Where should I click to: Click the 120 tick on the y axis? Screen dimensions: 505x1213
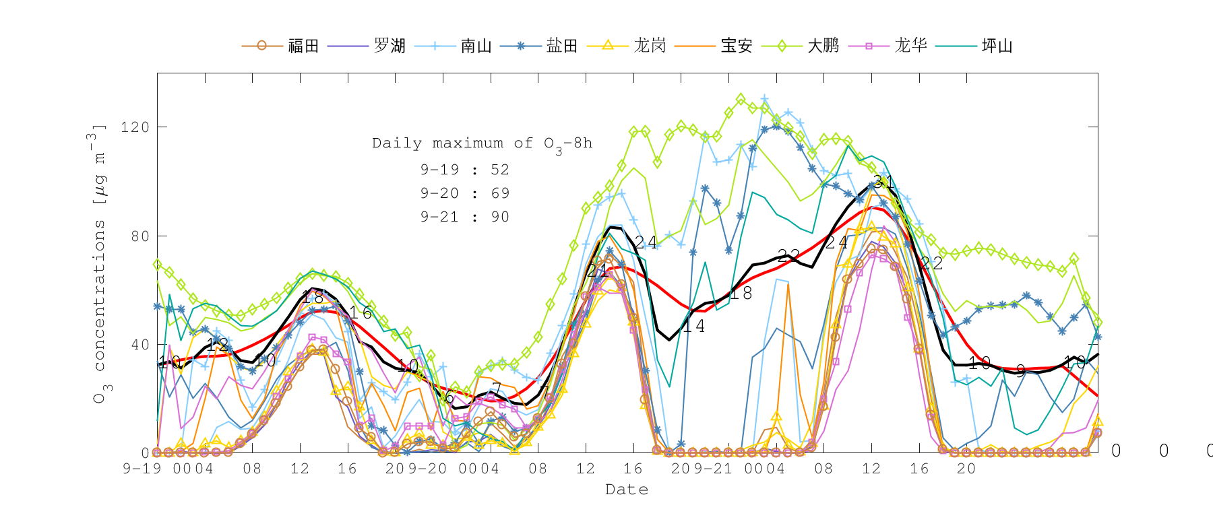click(135, 127)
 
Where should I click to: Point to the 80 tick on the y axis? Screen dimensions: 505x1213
click(139, 236)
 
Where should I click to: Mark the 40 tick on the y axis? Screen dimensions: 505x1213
click(139, 345)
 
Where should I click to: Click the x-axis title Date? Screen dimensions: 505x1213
click(627, 490)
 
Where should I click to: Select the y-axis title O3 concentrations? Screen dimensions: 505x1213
click(99, 263)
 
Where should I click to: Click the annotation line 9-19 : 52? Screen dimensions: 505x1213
click(465, 170)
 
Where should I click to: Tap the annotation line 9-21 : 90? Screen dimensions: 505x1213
click(465, 217)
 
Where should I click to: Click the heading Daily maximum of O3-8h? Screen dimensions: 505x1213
click(483, 143)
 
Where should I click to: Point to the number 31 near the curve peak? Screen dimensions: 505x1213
click(883, 182)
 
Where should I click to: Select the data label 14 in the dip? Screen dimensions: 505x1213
click(693, 327)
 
